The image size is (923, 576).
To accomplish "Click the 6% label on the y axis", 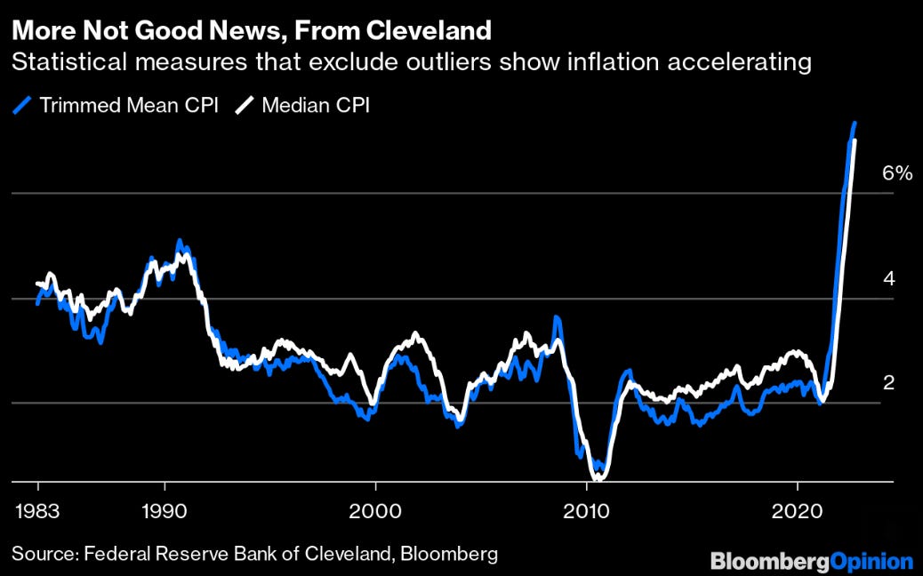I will (x=896, y=174).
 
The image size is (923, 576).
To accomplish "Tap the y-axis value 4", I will (x=889, y=279).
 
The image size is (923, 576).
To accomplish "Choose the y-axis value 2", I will (x=889, y=383).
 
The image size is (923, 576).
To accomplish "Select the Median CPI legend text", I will (x=316, y=105).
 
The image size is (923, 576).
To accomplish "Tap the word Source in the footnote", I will (x=41, y=554).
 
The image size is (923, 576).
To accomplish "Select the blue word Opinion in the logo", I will (x=871, y=561).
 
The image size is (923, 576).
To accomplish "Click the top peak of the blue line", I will (x=854, y=124).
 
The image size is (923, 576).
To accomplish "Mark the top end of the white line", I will (x=855, y=140).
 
